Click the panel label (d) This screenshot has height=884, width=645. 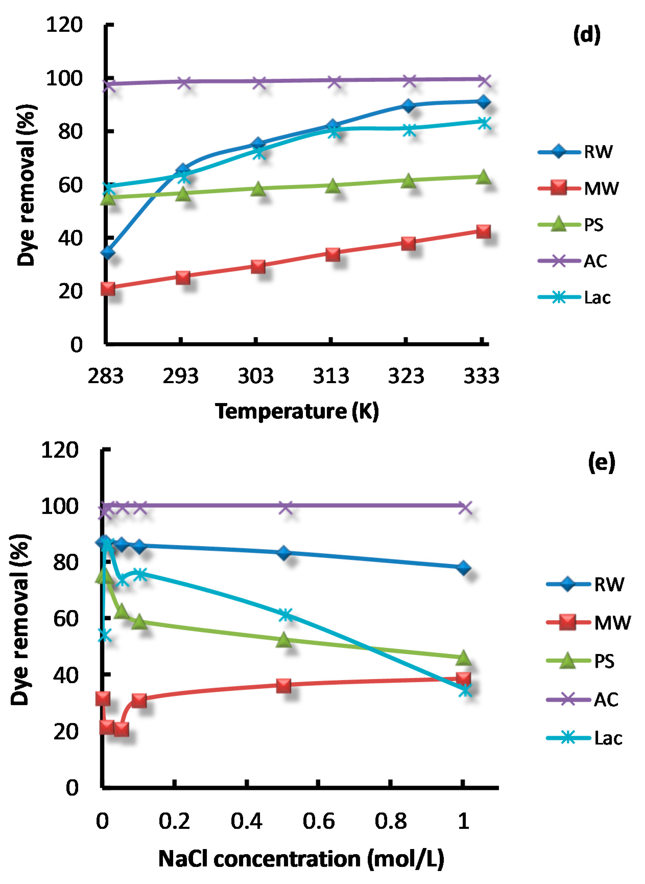click(x=587, y=35)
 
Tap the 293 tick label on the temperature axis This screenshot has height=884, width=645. click(x=180, y=376)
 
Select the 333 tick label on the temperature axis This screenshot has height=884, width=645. click(x=481, y=376)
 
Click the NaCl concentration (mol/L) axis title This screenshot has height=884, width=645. click(x=301, y=859)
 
